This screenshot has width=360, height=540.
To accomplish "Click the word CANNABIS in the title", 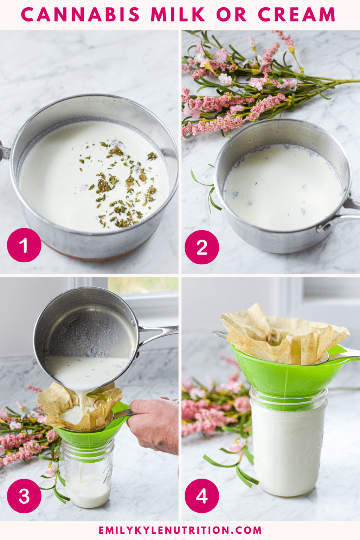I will [x=80, y=15].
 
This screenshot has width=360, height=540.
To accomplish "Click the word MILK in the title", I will [x=178, y=15].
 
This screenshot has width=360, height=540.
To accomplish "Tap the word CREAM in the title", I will [x=296, y=15].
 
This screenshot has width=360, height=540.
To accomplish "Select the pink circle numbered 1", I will [x=24, y=245].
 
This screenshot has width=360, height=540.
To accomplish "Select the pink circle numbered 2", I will [x=202, y=247].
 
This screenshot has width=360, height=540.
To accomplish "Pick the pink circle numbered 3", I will [x=24, y=496].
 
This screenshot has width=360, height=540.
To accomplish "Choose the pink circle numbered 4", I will [x=202, y=496].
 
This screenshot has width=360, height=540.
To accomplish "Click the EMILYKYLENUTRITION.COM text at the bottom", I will [x=180, y=530].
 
